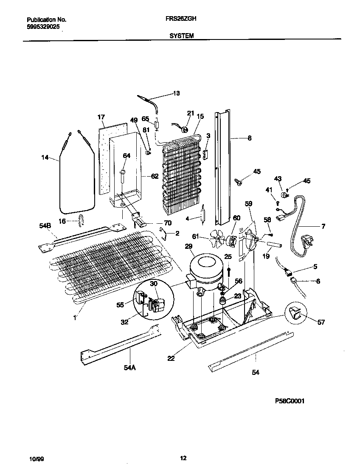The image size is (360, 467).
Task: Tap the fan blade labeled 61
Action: pos(217,241)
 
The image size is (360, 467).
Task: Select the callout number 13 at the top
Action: pos(176,93)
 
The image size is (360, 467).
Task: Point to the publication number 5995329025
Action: pos(43,26)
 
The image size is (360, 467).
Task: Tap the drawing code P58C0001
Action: pos(290,401)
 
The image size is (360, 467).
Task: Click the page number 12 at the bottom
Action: pos(183,458)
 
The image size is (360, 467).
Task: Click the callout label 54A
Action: pos(129,368)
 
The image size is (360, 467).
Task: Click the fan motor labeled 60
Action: pos(232,241)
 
